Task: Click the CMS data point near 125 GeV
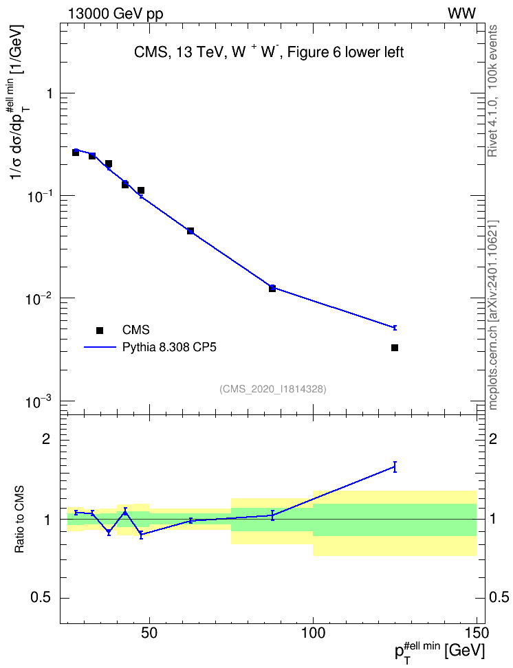[395, 348]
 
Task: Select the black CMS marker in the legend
[100, 330]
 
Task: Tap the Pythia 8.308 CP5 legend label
[169, 348]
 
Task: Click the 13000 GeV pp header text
[116, 14]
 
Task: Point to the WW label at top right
[461, 14]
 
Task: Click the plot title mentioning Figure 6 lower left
[269, 52]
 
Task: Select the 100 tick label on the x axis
[313, 632]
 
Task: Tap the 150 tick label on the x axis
[477, 632]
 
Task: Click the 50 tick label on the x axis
[149, 632]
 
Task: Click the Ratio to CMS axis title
[19, 520]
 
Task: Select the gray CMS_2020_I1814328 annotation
[273, 389]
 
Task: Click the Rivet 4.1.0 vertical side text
[492, 91]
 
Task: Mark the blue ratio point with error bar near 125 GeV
[395, 467]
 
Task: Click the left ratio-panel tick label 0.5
[41, 598]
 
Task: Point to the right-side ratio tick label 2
[493, 439]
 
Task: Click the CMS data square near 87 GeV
[272, 289]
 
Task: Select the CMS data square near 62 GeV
[190, 231]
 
